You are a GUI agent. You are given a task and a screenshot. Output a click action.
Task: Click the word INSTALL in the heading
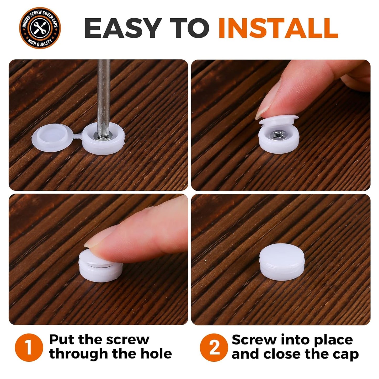click(278, 28)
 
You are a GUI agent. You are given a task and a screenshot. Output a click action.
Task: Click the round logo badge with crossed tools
click(40, 28)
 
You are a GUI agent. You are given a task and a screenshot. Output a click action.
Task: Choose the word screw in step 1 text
click(129, 340)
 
